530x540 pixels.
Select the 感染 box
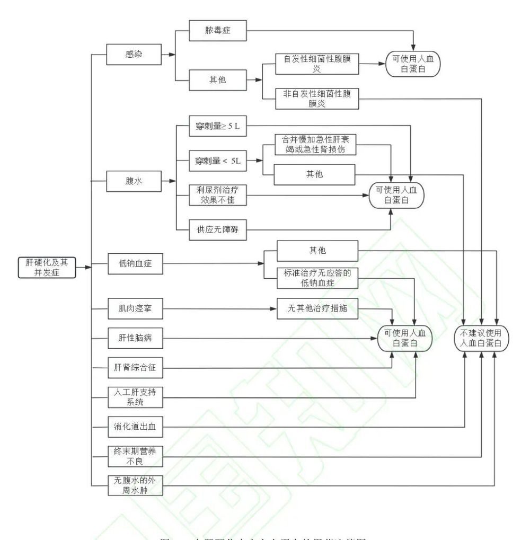coord(135,54)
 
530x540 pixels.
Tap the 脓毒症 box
coord(218,31)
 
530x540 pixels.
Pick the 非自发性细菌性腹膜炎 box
coord(317,98)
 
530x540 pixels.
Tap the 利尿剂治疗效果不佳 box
coord(218,196)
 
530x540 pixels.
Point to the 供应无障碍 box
coord(218,229)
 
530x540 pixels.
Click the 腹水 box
coord(135,181)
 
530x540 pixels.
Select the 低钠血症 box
coord(135,263)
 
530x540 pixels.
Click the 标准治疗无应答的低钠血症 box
coord(317,278)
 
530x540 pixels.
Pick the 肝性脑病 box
coord(135,338)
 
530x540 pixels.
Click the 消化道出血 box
coord(135,426)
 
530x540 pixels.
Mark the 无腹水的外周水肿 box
coord(135,486)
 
